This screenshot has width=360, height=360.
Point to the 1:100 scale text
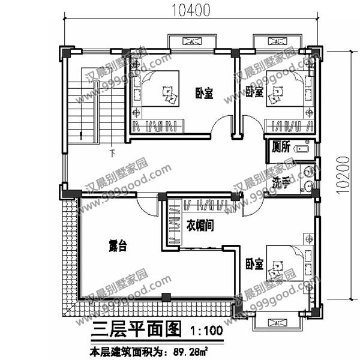point(206,331)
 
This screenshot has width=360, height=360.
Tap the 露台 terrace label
point(118,246)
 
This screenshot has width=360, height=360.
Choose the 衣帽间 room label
point(200,226)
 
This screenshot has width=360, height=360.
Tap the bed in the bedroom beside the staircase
point(158,94)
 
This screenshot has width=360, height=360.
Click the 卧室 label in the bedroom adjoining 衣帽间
point(254,263)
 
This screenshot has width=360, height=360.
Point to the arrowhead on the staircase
point(80,135)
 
